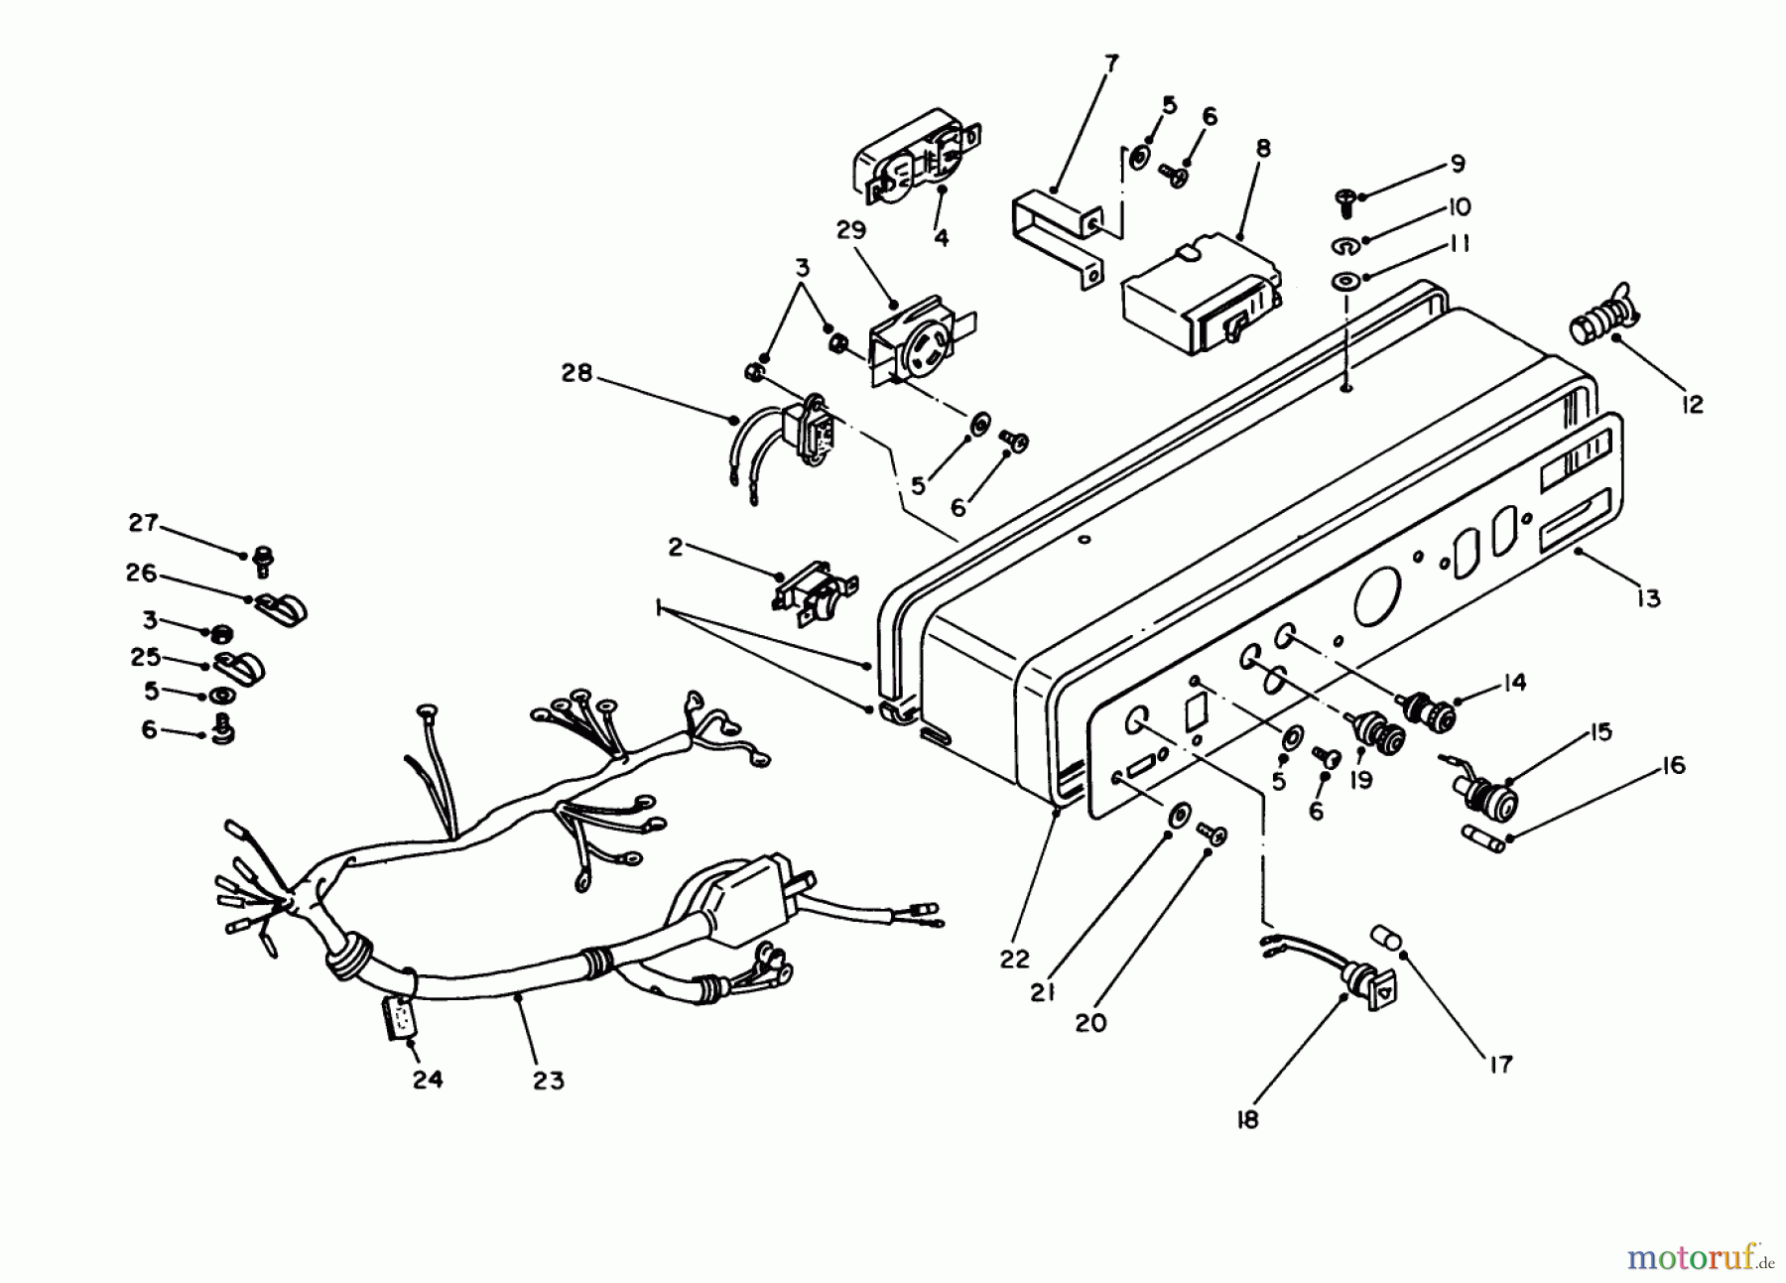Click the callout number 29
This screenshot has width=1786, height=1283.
(x=851, y=230)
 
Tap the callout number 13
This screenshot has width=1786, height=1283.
(x=1648, y=598)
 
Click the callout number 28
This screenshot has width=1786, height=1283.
(x=576, y=373)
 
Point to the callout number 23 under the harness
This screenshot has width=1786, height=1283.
(x=548, y=1080)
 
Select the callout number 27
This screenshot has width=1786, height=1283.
(x=144, y=523)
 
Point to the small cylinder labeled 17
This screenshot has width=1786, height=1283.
(x=1386, y=937)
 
